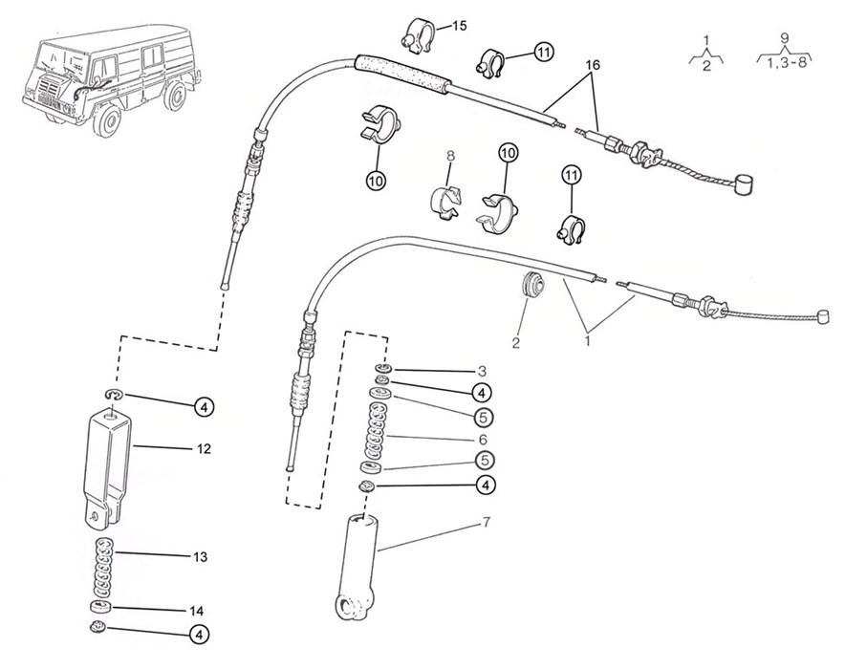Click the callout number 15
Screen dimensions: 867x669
[459, 26]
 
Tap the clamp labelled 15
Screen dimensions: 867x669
[418, 36]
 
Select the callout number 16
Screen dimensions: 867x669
[593, 65]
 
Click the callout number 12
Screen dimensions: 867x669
[204, 448]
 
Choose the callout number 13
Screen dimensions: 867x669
[200, 556]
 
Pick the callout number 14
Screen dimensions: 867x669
[196, 611]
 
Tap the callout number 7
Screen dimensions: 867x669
[486, 522]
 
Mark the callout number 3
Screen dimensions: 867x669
[482, 371]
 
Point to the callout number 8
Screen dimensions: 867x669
[450, 156]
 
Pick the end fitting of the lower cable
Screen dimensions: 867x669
[823, 316]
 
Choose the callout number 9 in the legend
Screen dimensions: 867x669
[784, 38]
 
